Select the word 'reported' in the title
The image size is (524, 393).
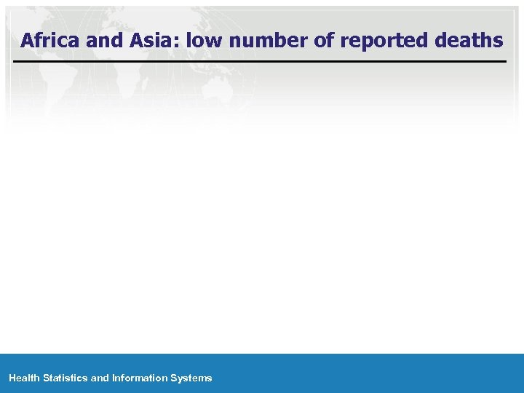(384, 41)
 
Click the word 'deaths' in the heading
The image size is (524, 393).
(469, 41)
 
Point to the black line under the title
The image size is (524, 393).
(260, 62)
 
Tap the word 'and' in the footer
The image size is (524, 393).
(100, 378)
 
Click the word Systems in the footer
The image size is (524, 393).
(191, 378)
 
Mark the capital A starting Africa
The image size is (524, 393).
(28, 41)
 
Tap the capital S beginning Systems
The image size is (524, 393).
(174, 378)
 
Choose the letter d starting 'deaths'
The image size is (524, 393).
(441, 41)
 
